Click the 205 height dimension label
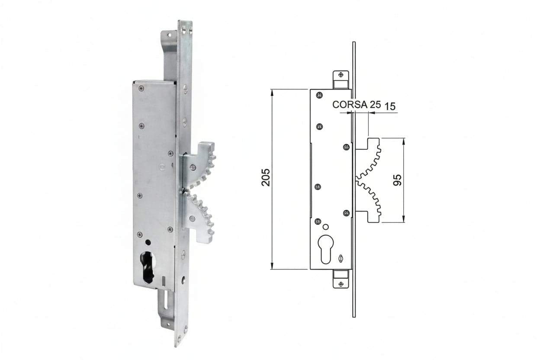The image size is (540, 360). (266, 177)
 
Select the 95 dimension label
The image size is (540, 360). (398, 180)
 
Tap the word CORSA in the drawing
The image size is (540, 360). (350, 104)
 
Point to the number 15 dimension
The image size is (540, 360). (390, 106)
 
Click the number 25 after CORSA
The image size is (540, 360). (375, 104)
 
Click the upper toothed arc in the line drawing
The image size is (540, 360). (368, 159)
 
